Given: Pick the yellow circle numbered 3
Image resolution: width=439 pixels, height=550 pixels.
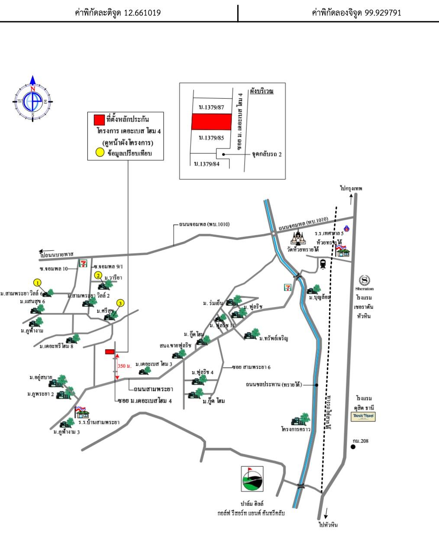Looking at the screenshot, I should [120, 303].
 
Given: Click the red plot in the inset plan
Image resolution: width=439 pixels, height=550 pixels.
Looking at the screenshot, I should [211, 122].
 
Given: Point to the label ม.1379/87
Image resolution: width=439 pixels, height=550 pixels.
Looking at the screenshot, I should [211, 107].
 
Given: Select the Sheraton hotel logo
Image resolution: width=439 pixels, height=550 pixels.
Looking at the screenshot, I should [364, 281].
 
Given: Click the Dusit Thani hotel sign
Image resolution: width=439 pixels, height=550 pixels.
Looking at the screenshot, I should [363, 417].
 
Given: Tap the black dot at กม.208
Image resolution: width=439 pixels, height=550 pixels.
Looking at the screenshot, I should [353, 447].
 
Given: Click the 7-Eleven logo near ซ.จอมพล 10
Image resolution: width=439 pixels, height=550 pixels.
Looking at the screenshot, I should [83, 263].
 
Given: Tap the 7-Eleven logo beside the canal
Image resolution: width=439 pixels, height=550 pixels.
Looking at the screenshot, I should [287, 286].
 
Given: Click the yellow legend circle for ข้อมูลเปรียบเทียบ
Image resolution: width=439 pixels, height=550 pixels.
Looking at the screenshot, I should [100, 152].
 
